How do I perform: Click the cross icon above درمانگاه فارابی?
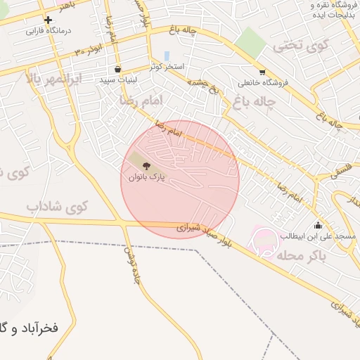48,20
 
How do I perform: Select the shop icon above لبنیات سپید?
117,70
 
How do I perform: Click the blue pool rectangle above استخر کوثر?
167,55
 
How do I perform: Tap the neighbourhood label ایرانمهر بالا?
53,77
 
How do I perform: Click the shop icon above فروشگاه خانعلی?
262,72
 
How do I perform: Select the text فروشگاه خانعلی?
262,82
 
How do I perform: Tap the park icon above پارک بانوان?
146,166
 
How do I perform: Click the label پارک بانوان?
146,177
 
